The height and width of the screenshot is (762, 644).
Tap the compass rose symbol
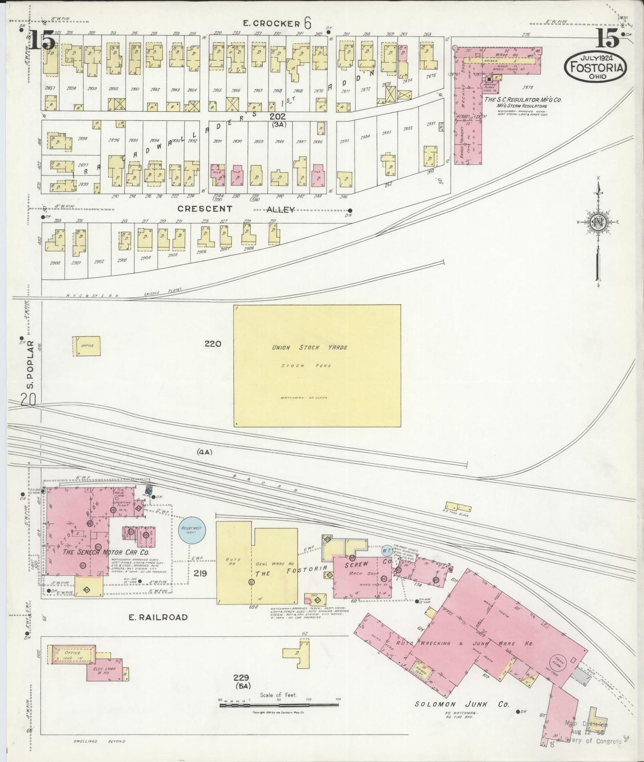(599, 222)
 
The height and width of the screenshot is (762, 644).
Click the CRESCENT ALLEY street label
(236, 209)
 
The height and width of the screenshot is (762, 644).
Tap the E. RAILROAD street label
(158, 617)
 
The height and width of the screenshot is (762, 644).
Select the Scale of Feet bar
(279, 705)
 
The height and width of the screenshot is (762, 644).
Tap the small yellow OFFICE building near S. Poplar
(86, 346)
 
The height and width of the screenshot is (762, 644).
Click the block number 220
(213, 344)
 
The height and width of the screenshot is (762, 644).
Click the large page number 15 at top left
(43, 41)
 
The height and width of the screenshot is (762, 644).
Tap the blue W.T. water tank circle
(387, 550)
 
